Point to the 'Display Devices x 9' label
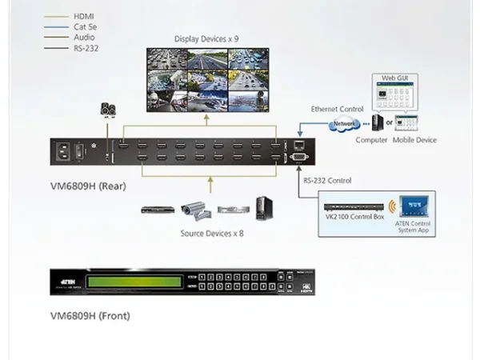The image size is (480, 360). click(206, 38)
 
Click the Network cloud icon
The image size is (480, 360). click(343, 123)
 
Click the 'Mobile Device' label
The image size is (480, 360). click(414, 140)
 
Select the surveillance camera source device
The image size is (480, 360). click(194, 210)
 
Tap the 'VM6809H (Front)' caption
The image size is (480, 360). click(90, 315)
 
